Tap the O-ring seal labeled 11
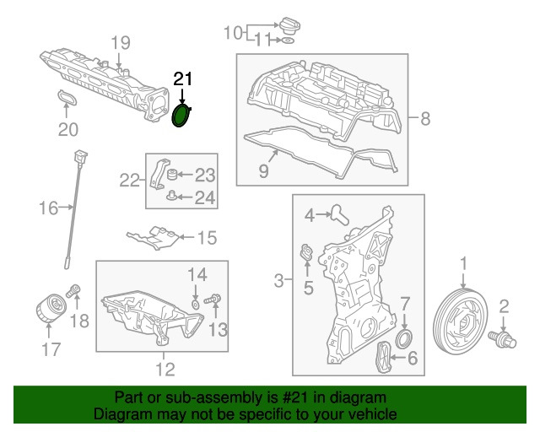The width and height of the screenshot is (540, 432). [287, 40]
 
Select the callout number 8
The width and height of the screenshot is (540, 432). [424, 117]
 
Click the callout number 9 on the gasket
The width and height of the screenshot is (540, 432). [263, 172]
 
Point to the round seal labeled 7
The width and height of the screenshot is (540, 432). [405, 339]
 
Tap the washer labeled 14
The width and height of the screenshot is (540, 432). [195, 303]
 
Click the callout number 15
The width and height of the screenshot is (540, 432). [206, 238]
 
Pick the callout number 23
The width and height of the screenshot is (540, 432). [205, 175]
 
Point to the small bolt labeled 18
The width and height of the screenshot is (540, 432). [73, 291]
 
